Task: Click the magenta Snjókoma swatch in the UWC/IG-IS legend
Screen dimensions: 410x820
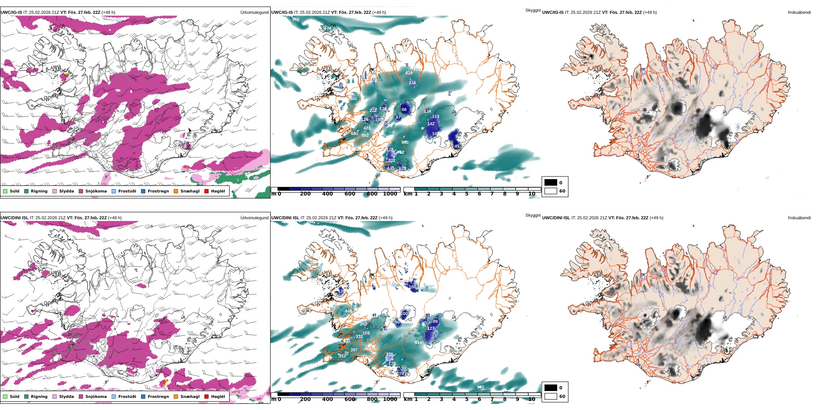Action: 81,191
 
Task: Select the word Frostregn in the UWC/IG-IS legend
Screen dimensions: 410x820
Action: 158,191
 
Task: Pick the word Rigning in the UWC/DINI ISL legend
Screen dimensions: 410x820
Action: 39,397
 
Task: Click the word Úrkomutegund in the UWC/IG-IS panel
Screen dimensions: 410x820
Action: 254,13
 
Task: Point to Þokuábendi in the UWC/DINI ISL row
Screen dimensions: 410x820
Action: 799,218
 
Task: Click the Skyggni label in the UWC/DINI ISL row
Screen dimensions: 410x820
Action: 533,215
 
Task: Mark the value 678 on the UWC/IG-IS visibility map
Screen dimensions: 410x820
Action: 328,28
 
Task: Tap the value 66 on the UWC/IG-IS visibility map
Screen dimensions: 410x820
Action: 404,110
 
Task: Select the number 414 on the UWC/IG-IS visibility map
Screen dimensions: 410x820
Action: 409,73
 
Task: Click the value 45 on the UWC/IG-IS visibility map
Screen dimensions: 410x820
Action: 457,146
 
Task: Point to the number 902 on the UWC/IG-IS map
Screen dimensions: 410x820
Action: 365,136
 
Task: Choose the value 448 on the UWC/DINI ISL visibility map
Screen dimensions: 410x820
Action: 348,311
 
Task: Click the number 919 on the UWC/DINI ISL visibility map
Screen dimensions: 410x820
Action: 418,343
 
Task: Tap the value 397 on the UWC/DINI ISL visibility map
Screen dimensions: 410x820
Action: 354,350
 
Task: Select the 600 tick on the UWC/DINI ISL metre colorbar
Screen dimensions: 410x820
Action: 350,399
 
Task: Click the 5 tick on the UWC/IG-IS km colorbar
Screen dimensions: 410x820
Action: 467,194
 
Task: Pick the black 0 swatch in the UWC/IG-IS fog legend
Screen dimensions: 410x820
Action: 551,183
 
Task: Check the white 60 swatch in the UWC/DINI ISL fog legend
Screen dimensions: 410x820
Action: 551,396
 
